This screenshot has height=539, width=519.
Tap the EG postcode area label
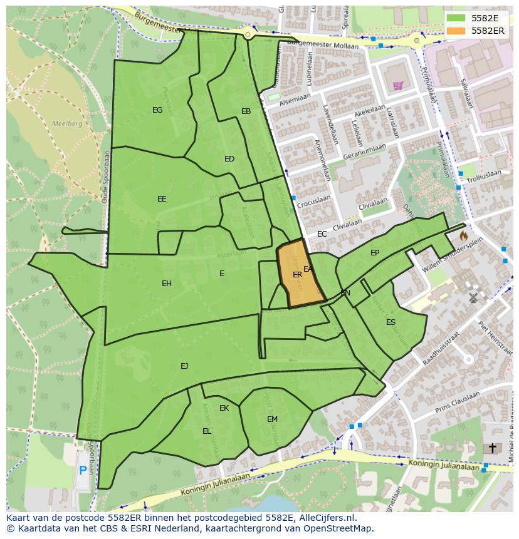click(x=157, y=110)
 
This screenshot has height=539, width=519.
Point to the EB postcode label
click(x=246, y=111)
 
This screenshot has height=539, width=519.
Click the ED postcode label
click(x=229, y=159)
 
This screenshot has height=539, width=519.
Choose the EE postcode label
click(x=162, y=199)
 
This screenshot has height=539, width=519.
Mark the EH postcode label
click(x=167, y=284)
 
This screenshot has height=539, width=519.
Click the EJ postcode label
click(x=184, y=366)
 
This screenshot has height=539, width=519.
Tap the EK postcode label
click(x=224, y=408)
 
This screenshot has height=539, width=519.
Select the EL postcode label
click(x=207, y=431)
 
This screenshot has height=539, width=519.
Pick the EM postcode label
click(x=272, y=419)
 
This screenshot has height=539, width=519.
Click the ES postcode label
click(x=391, y=322)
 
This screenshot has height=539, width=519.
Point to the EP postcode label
click(x=375, y=253)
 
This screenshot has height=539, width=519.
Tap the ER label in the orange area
click(x=297, y=275)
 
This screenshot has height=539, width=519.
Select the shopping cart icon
click(x=397, y=85)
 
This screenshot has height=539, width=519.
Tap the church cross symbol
click(x=493, y=448)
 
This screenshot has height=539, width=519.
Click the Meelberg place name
click(x=67, y=124)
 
